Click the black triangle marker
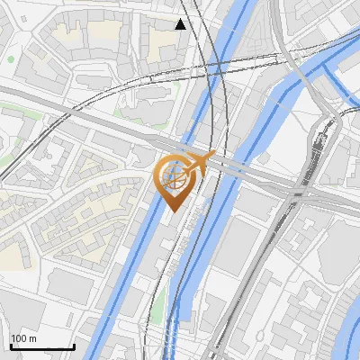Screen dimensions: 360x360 181,24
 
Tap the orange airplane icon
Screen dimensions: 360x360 199,164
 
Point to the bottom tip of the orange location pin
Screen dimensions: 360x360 174,211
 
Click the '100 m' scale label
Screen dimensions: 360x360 23,338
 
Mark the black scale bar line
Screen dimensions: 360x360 41,347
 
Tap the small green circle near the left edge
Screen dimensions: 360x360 11,59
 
